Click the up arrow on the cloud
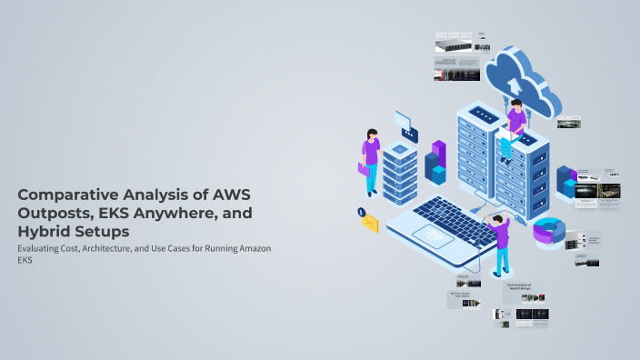click(513, 75)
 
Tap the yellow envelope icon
click(370, 223)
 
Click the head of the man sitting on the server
click(515, 105)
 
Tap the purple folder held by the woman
click(365, 168)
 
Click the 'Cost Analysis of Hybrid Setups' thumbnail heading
click(519, 287)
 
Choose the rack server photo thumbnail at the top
click(455, 45)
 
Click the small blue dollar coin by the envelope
click(362, 212)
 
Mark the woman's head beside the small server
click(371, 133)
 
